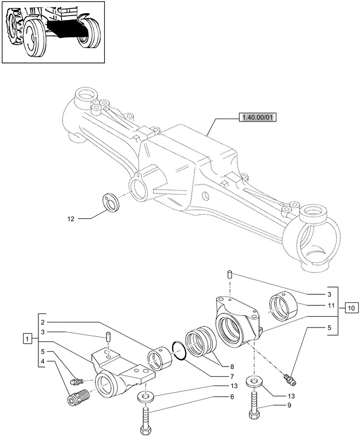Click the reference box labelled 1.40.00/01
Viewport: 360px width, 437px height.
(x=256, y=119)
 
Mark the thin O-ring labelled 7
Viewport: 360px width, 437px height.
(x=179, y=350)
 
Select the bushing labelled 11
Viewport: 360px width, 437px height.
(x=282, y=305)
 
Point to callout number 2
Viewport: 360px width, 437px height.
(x=43, y=322)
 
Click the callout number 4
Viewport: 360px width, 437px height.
(x=43, y=361)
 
